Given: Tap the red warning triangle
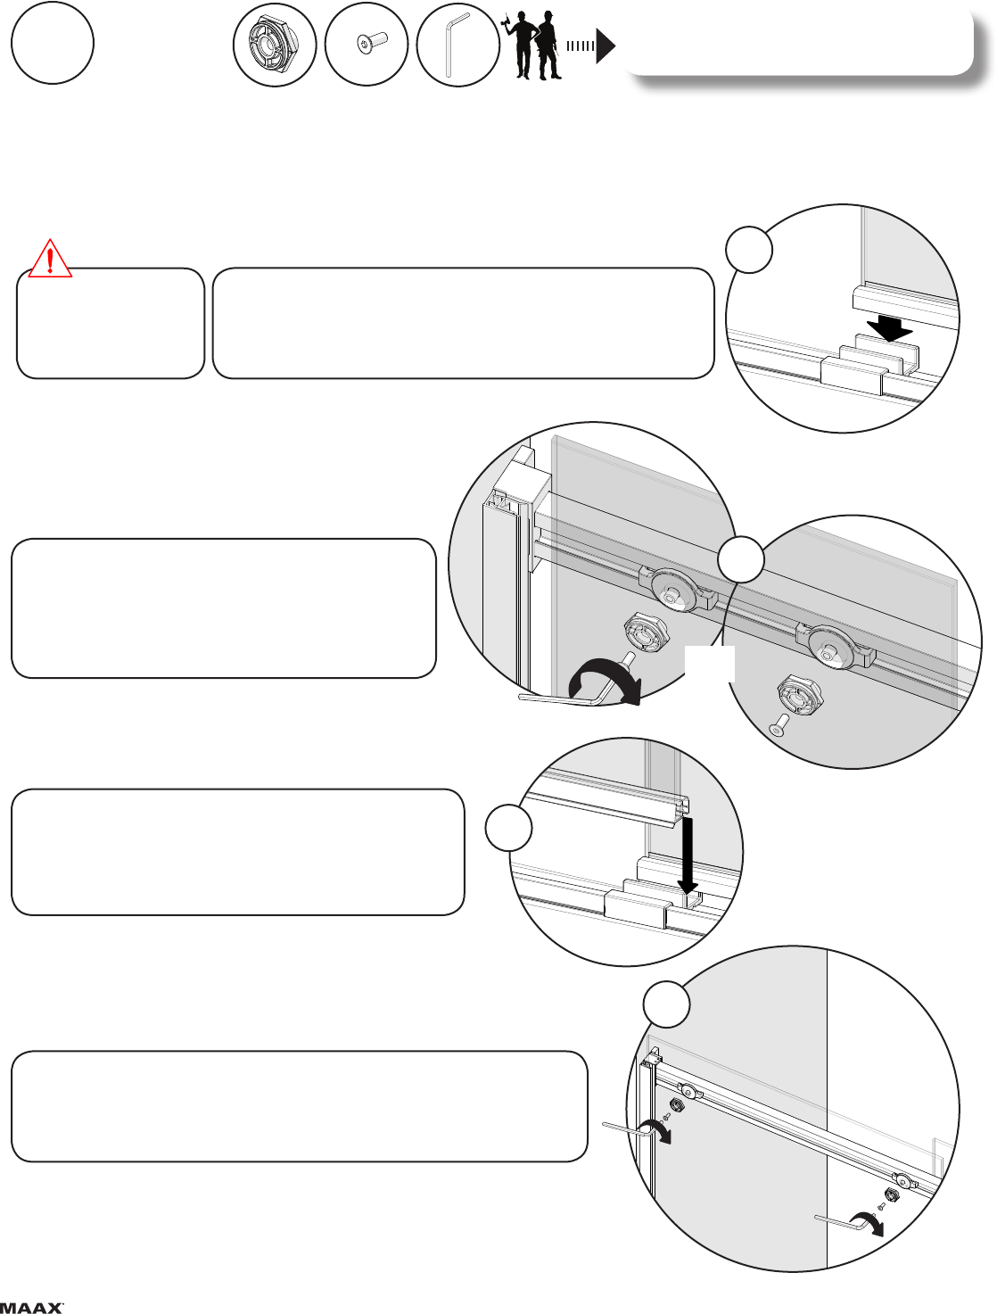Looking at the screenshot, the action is [x=50, y=259].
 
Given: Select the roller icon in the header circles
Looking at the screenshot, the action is [x=275, y=45].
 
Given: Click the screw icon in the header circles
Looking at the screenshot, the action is [x=372, y=44].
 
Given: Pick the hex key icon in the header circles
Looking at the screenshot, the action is [x=457, y=45].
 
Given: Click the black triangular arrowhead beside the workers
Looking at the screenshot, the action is [x=606, y=46].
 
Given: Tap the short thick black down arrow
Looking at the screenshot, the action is [x=890, y=328].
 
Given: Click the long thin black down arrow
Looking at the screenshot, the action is [x=688, y=855].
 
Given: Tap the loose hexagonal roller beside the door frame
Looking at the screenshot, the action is [x=646, y=632].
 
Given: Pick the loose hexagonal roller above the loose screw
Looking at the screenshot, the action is [x=800, y=695].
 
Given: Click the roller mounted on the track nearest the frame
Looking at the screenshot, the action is [x=673, y=591].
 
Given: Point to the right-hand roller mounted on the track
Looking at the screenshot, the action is [x=832, y=648].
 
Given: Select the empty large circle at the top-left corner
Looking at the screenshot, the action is [x=53, y=43].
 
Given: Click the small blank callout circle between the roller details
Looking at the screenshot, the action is [x=741, y=559].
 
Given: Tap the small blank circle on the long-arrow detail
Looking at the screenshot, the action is [x=508, y=828].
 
